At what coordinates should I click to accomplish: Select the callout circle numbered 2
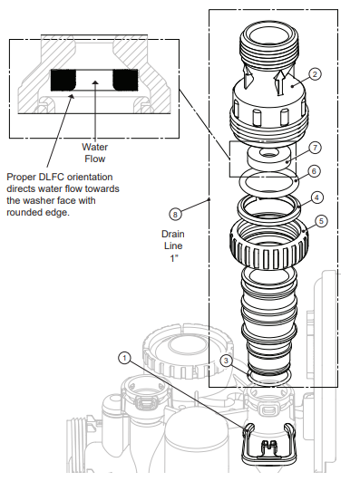[x=315, y=74]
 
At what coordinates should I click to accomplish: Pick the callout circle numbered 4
[x=316, y=197]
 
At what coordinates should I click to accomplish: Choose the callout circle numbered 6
[x=314, y=170]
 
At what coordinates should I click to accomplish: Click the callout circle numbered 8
[x=176, y=215]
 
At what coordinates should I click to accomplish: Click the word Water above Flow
[x=95, y=147]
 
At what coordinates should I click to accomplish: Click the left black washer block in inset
[x=64, y=82]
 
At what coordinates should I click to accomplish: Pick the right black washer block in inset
[x=126, y=82]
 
